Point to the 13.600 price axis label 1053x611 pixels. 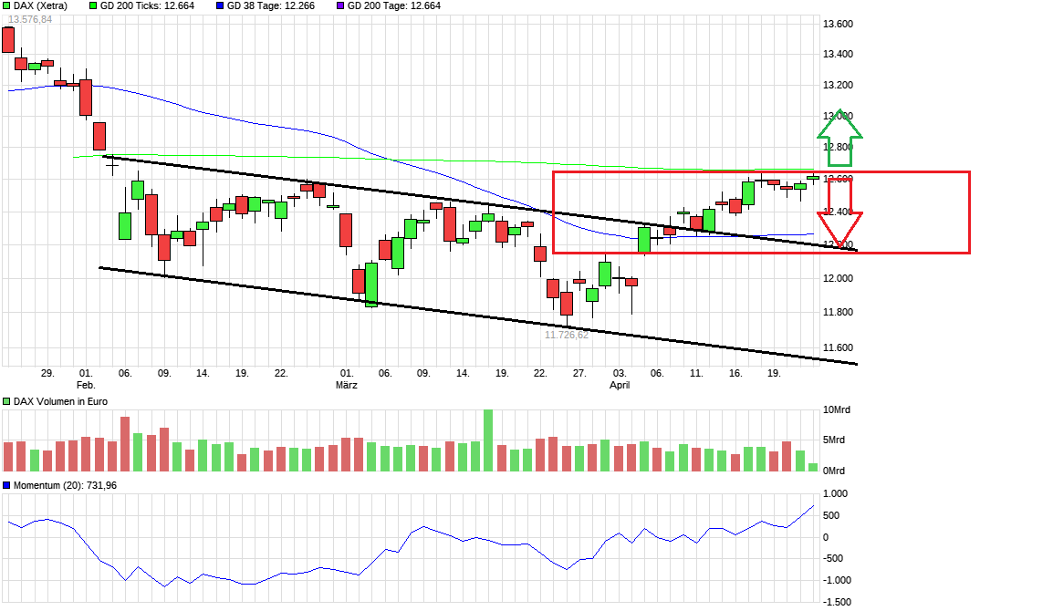tap(839, 24)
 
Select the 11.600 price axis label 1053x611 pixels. tap(839, 347)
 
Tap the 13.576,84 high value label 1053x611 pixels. tap(30, 19)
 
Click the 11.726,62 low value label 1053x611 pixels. tap(567, 335)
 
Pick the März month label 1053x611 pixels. tap(346, 386)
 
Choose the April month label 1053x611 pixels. tap(620, 386)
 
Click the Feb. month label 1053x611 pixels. tap(86, 386)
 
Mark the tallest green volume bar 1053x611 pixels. tap(488, 440)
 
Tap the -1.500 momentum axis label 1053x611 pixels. tap(838, 602)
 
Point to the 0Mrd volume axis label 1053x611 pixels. tap(835, 471)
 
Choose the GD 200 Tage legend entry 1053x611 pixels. tap(394, 5)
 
